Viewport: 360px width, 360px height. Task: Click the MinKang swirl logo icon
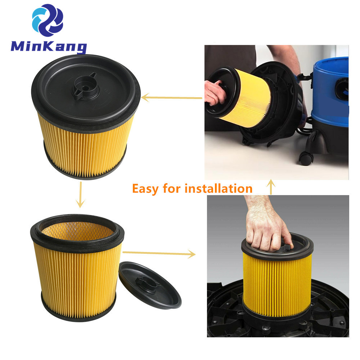[48, 20]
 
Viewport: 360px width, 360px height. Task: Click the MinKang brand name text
[49, 47]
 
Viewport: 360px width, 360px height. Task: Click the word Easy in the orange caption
[145, 189]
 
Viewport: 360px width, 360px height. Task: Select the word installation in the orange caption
[219, 188]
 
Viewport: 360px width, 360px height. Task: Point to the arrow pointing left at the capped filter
[172, 98]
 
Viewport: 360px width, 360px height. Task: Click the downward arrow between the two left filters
[81, 195]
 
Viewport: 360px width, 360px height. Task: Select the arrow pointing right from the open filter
[159, 253]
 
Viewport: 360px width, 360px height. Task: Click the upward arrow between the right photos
[271, 187]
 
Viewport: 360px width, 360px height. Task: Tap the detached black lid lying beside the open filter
[150, 285]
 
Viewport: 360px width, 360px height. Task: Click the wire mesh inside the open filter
[78, 230]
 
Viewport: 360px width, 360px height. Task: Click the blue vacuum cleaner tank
[330, 91]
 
